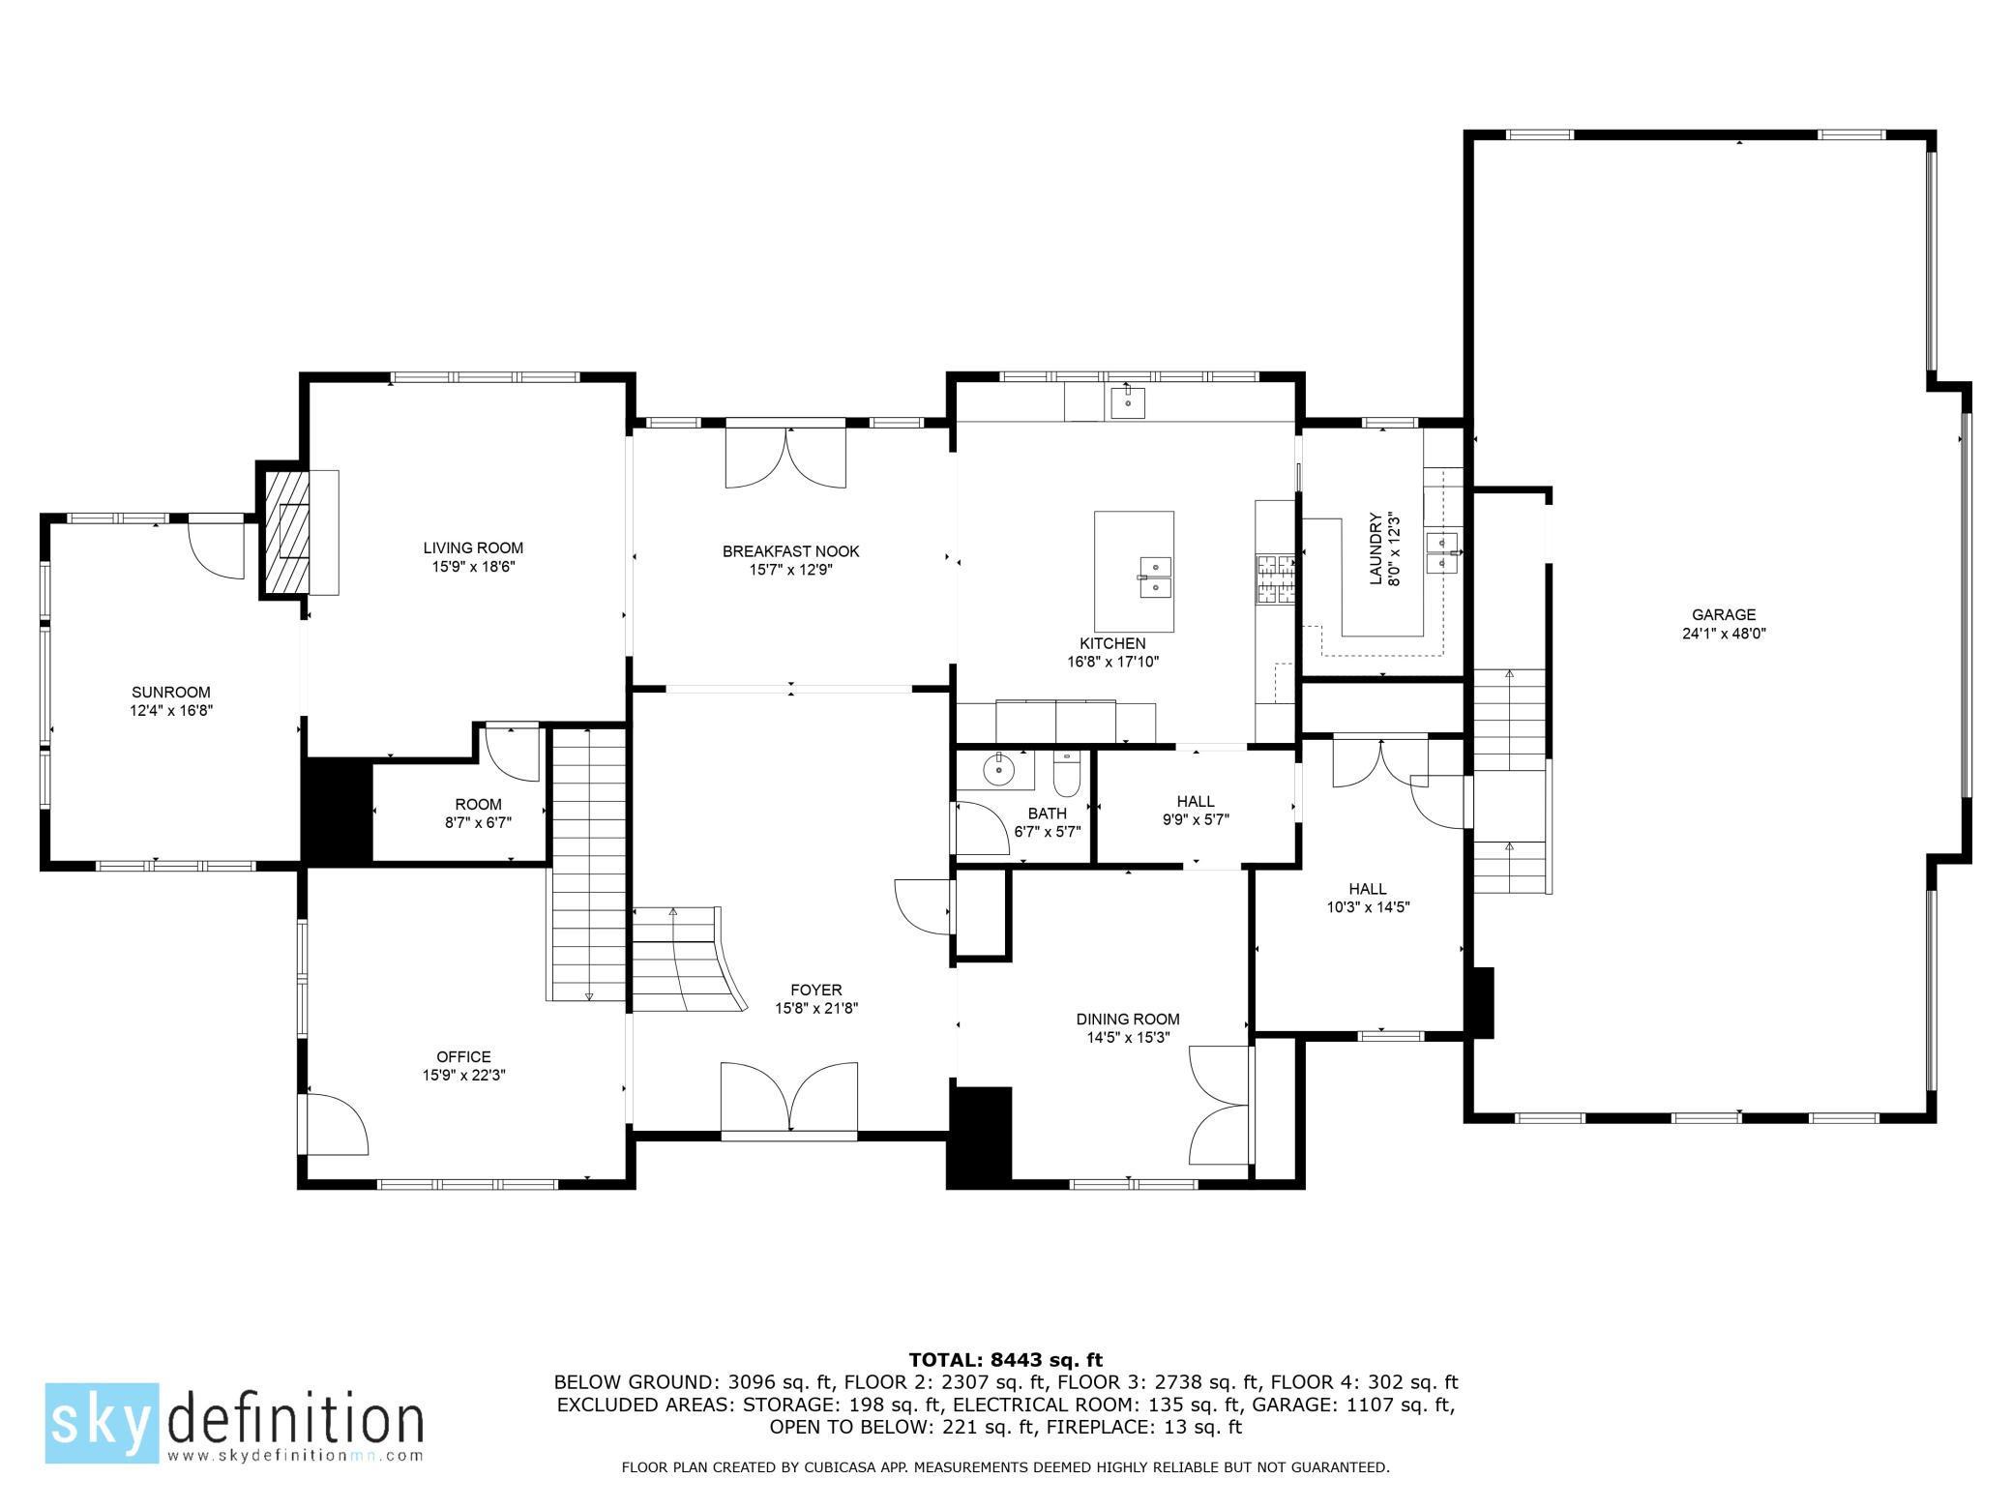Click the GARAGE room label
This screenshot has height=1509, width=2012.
tap(1723, 614)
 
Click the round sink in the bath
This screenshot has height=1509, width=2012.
tap(997, 771)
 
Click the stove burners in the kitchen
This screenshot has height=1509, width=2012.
tap(1275, 578)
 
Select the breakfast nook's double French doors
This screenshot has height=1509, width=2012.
tap(785, 457)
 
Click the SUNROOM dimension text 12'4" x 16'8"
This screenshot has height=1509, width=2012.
tap(171, 710)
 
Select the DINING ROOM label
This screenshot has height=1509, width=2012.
tap(1128, 1019)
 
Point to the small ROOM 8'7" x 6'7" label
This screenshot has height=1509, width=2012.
tap(478, 804)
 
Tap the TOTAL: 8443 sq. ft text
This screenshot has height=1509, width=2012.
tap(1005, 1360)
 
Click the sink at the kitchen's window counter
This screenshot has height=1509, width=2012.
tap(1127, 400)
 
